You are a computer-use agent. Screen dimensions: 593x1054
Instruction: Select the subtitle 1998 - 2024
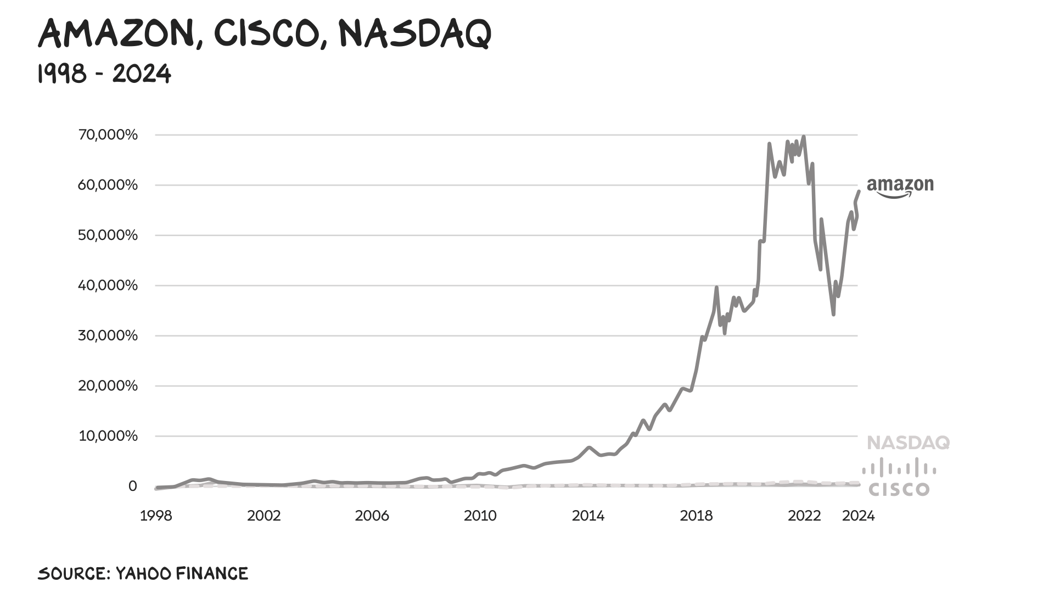pos(104,74)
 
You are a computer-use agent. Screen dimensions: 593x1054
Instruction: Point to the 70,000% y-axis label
pos(108,135)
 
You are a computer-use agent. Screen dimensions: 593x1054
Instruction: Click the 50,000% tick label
pos(108,235)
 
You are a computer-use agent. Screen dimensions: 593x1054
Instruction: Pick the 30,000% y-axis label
pos(108,335)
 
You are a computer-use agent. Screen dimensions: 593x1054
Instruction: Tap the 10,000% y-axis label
pos(108,436)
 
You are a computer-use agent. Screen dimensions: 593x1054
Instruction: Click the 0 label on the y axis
pos(132,486)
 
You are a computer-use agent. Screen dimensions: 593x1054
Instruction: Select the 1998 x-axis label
pos(156,516)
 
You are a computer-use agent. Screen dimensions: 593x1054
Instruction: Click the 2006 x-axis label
pos(372,516)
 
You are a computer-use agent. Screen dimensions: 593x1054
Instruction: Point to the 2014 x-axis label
pos(588,516)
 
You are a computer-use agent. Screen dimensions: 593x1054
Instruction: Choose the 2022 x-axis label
pos(804,516)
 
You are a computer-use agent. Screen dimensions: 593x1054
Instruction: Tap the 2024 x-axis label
pos(858,516)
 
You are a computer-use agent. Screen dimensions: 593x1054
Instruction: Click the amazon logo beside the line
pos(900,187)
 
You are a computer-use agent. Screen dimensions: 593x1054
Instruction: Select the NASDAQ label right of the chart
pos(908,443)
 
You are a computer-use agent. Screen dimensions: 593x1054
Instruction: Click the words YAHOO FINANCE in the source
pos(182,574)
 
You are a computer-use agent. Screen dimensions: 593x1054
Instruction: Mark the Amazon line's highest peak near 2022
pos(804,137)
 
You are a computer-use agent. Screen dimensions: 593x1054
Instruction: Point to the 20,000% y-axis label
pos(108,386)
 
